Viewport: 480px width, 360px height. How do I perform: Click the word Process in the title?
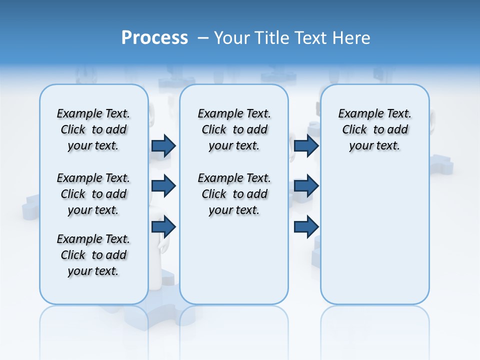click(x=154, y=37)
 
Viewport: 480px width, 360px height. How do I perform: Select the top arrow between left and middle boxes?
click(x=163, y=146)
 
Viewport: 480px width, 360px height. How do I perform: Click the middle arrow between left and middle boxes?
click(x=163, y=186)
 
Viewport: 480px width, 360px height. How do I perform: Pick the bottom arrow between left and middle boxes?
click(x=163, y=227)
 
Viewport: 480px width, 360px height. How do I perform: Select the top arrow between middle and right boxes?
click(x=306, y=146)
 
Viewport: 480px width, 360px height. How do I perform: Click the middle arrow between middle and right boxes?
click(x=306, y=186)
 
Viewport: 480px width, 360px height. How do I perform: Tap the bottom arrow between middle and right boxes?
click(x=306, y=227)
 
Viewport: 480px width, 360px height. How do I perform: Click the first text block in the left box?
click(x=93, y=129)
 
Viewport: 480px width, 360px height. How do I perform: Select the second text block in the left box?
click(x=93, y=194)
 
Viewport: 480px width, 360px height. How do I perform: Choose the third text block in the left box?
click(x=93, y=255)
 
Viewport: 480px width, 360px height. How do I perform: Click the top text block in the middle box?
click(x=234, y=129)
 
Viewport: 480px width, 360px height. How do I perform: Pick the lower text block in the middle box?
click(x=234, y=194)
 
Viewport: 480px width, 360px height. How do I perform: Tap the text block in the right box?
click(x=374, y=129)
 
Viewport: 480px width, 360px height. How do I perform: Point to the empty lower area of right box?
click(x=374, y=235)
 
